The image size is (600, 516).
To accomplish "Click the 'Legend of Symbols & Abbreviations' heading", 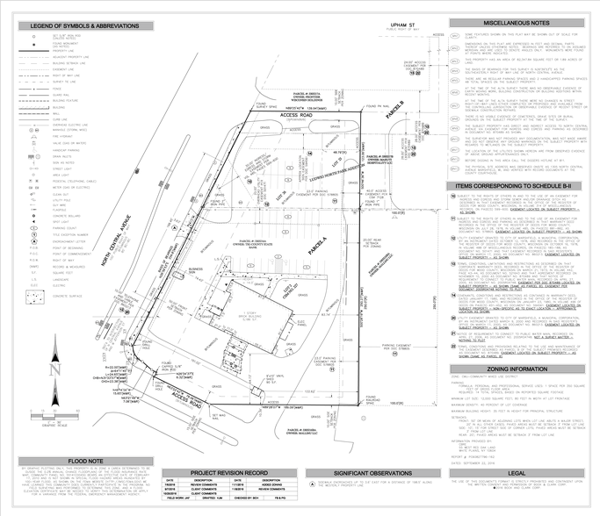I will pos(85,26).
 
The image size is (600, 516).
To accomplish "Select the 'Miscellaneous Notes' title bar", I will pos(517,23).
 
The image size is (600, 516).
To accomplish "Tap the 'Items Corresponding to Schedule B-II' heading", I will pos(517,187).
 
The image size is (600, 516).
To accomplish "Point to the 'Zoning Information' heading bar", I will pos(517,369).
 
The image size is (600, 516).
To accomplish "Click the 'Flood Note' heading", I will pos(85,462).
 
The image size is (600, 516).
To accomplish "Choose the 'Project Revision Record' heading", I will pos(229,473).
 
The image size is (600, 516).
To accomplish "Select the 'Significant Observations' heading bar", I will pos(372,473).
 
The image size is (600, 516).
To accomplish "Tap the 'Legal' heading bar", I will pos(517,473).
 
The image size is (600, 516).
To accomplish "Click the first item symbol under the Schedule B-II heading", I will pos(453,197).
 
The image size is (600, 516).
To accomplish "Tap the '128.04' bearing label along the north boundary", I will pos(307,108).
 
